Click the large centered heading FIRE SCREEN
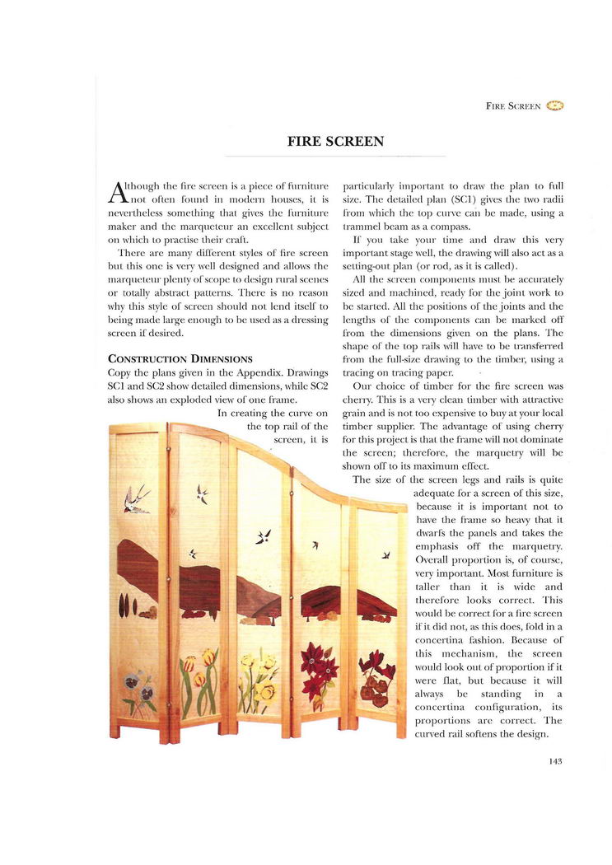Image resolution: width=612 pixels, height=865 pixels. (x=335, y=142)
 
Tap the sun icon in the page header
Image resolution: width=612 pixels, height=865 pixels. (x=555, y=105)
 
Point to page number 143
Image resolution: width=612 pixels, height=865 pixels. (x=554, y=761)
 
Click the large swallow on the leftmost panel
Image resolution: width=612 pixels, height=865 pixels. (x=137, y=499)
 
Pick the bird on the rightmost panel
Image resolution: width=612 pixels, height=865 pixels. (x=385, y=555)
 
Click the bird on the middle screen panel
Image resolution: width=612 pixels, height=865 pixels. (x=264, y=536)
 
